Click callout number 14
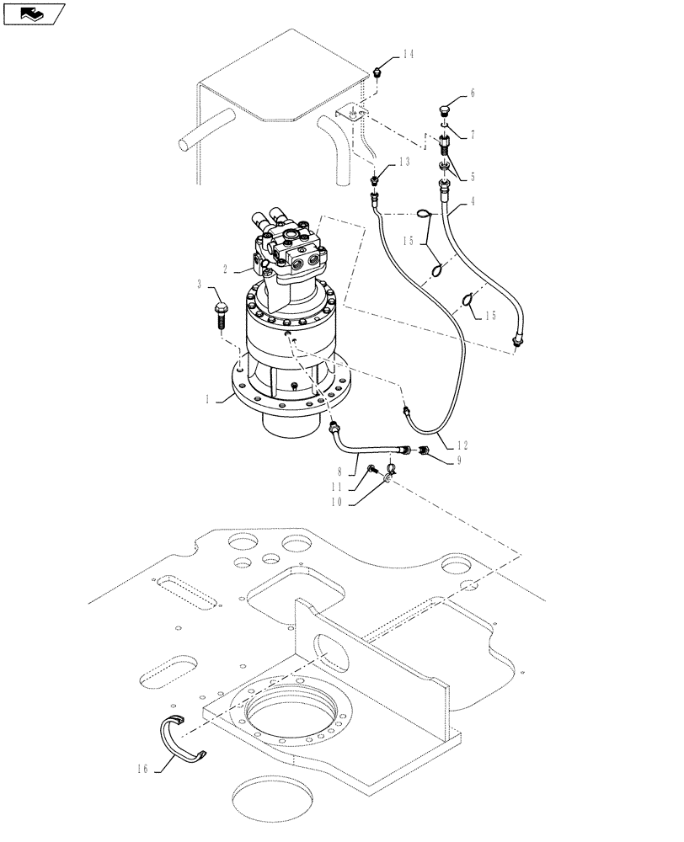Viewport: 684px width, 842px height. coord(408,55)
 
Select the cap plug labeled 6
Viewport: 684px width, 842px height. coord(446,109)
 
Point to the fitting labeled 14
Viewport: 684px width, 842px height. coord(378,72)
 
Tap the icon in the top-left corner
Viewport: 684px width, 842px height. coord(33,13)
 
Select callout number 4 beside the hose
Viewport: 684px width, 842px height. coord(473,201)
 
